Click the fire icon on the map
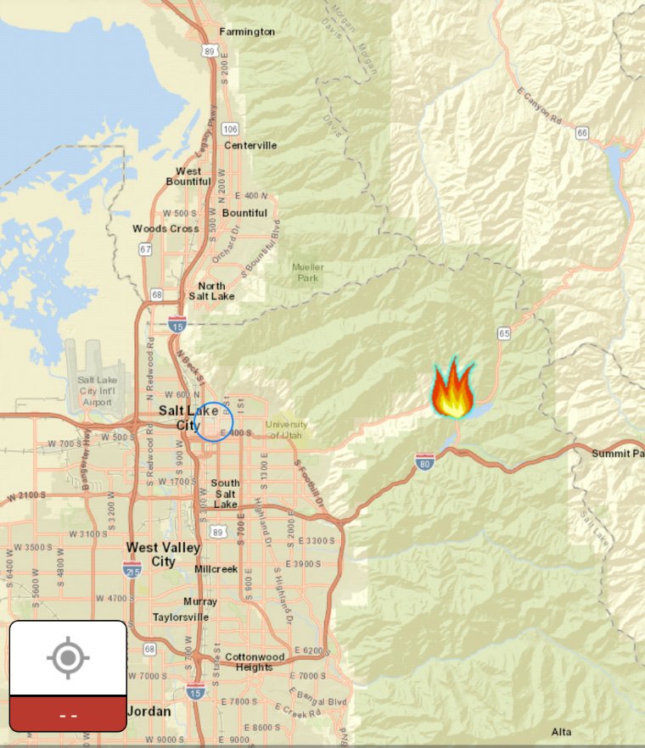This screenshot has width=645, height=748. [x=453, y=389]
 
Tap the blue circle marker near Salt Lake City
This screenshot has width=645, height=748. [x=214, y=421]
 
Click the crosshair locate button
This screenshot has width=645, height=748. [x=68, y=658]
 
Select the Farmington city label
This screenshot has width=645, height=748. [x=247, y=31]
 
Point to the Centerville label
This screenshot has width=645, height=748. [x=250, y=145]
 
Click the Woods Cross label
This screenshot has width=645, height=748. [x=165, y=229]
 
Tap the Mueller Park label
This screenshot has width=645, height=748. [x=308, y=272]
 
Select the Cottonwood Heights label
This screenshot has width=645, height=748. [x=255, y=661]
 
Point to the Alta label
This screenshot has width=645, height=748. [x=561, y=732]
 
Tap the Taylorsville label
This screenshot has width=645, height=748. [x=181, y=617]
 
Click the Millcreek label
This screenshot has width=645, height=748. [x=216, y=569]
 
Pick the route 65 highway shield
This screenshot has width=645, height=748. [x=505, y=333]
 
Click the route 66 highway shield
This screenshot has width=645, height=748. [x=581, y=132]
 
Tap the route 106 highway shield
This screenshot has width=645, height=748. [x=230, y=129]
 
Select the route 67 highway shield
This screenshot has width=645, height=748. [x=146, y=249]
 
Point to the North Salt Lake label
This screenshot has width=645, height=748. [x=211, y=291]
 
